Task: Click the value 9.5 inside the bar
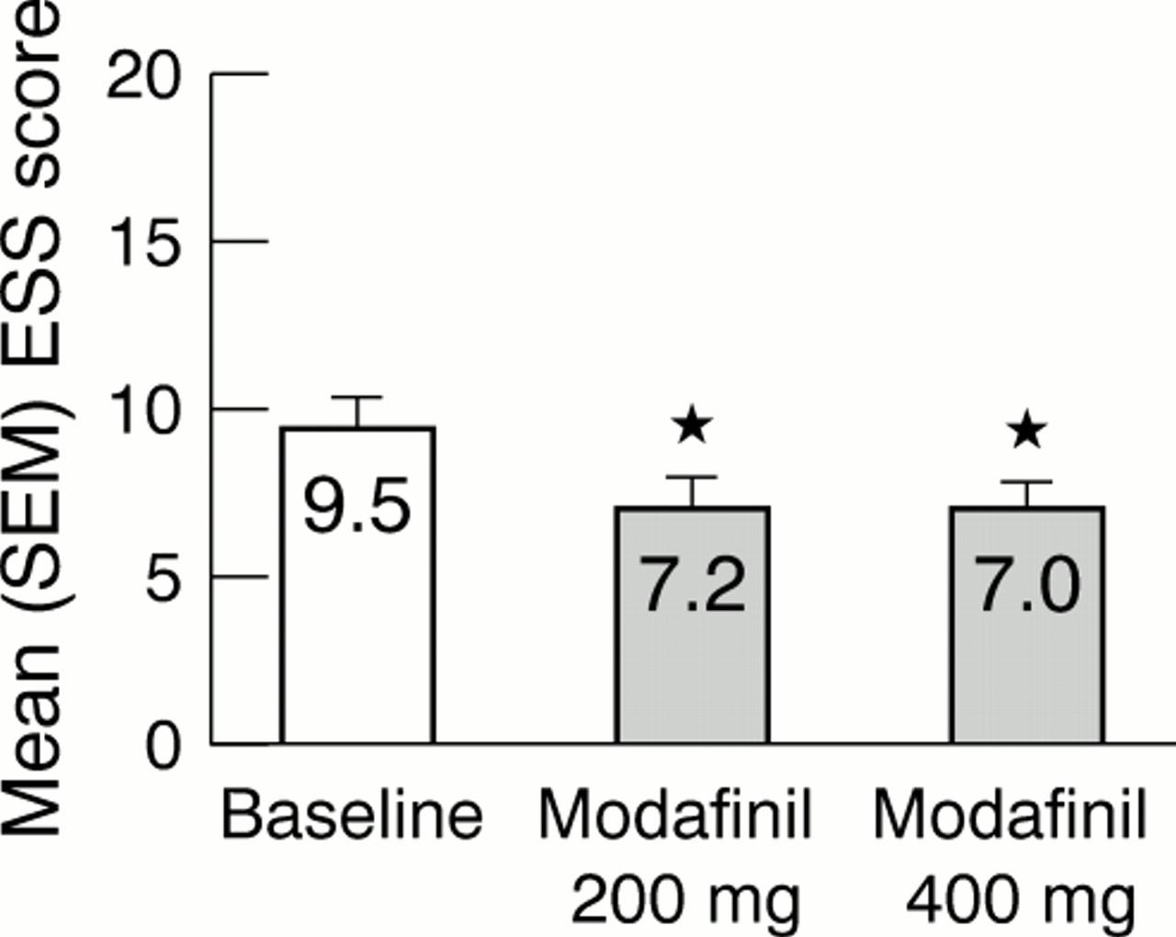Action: (x=357, y=507)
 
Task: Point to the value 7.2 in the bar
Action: (x=692, y=585)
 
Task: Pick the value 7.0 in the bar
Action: (x=1026, y=585)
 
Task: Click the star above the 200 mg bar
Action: (x=692, y=425)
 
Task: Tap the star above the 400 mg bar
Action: (x=1026, y=430)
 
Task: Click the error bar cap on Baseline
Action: (x=357, y=398)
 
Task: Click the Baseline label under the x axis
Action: (x=352, y=814)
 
